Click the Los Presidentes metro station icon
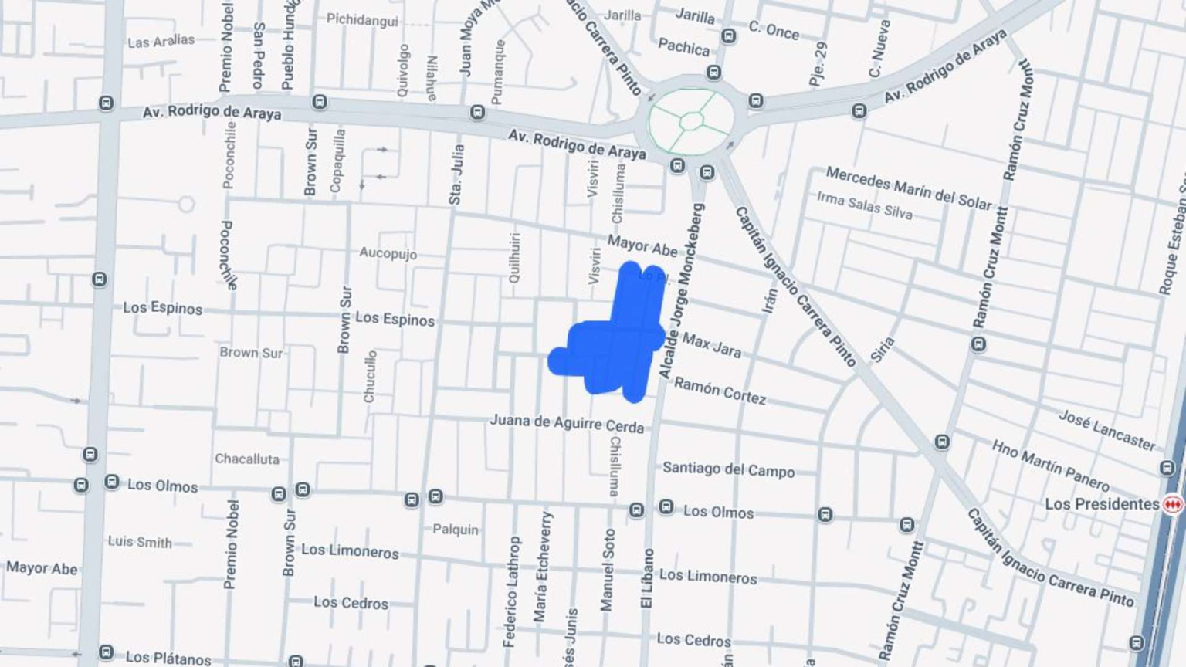point(1173,504)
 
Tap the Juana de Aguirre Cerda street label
point(566,423)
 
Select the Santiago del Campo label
point(728,469)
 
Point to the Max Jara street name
point(711,345)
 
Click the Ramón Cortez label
point(720,391)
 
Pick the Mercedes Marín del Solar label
point(908,188)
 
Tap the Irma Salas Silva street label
point(864,205)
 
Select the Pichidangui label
point(361,19)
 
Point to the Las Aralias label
point(161,41)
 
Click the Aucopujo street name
point(388,252)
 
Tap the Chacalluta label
point(246,459)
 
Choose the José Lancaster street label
point(1106,430)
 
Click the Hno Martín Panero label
point(1050,465)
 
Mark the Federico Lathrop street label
point(510,591)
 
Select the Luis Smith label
point(140,542)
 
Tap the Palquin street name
point(455,530)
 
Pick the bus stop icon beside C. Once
point(728,36)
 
